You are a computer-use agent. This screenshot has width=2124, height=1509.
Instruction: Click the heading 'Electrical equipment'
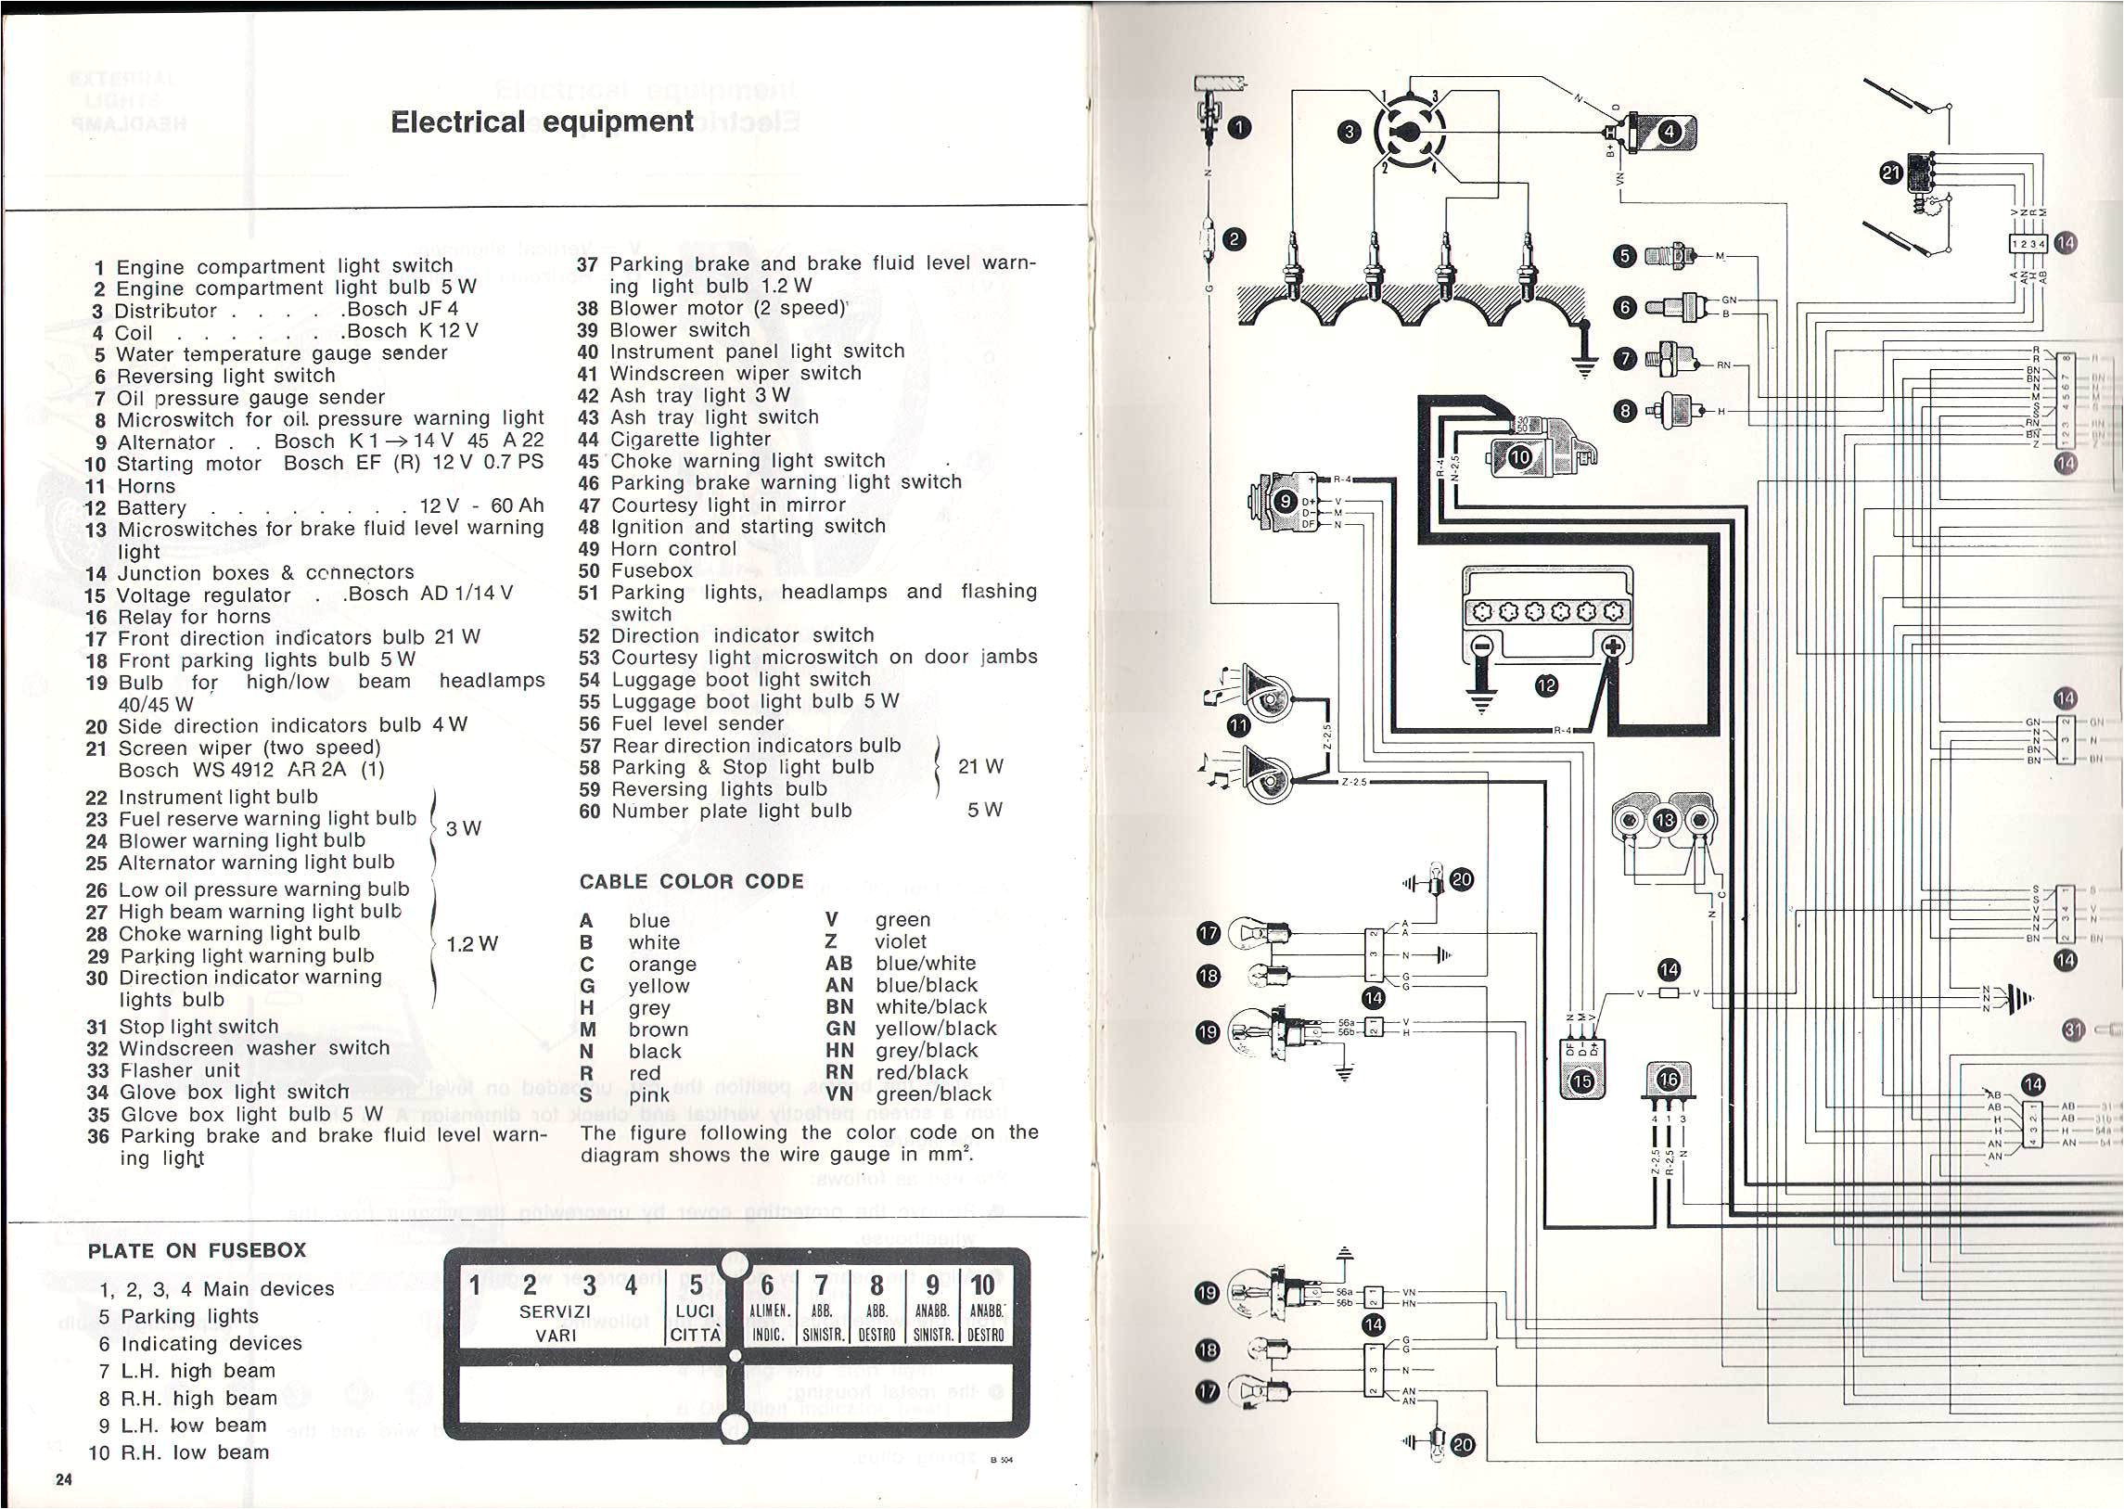coord(542,122)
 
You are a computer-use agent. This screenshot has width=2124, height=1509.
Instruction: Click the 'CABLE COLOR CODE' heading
coord(691,881)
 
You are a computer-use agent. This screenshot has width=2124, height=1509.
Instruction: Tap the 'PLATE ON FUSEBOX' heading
coord(197,1249)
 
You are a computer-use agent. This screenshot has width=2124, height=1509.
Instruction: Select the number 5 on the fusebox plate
coord(696,1285)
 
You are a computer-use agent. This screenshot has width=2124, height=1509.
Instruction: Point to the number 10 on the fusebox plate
coord(982,1285)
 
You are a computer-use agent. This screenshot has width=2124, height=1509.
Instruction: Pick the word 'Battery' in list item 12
coord(151,508)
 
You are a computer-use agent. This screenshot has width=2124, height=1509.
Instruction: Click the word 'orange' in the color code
coord(661,965)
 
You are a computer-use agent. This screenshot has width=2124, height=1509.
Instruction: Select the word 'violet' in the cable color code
coord(900,941)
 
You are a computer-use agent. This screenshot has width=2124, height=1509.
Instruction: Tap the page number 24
coord(63,1480)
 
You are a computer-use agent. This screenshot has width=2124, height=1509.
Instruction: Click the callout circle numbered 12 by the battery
coord(1546,685)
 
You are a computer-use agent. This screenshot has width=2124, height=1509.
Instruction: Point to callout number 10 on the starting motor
coord(1520,456)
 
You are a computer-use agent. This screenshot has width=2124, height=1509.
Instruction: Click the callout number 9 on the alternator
coord(1286,502)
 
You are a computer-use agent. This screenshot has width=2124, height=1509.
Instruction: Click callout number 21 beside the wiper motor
coord(1890,173)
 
